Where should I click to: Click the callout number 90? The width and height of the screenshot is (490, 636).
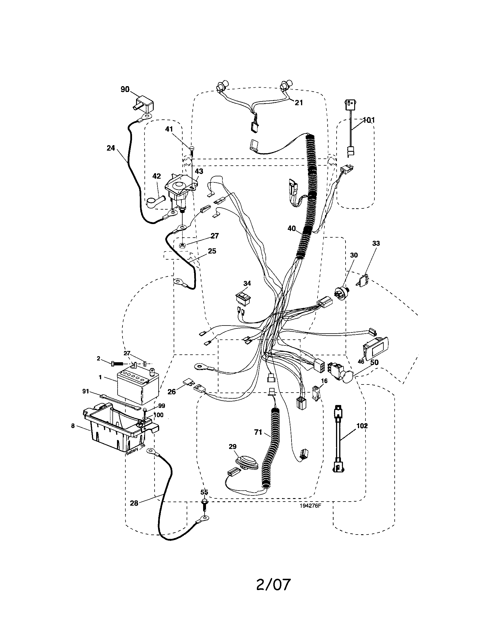click(125, 89)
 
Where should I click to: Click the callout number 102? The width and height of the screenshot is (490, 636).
click(362, 426)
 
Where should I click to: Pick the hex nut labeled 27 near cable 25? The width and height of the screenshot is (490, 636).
click(183, 245)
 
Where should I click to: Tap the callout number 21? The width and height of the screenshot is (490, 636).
click(298, 103)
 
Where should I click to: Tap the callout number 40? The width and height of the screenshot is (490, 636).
click(292, 229)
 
